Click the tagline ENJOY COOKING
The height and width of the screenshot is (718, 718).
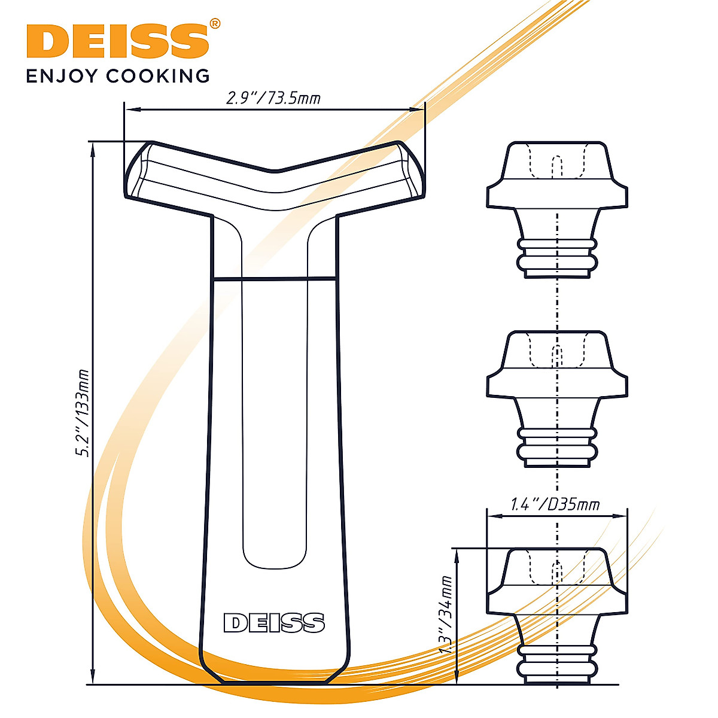[x=118, y=76]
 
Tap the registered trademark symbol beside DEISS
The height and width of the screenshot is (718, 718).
[x=215, y=24]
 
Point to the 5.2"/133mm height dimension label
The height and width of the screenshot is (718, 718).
[x=82, y=413]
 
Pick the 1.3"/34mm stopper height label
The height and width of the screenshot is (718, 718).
[x=444, y=616]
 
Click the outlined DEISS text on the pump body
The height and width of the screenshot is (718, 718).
[x=274, y=623]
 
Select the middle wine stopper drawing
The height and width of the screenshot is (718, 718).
[x=557, y=398]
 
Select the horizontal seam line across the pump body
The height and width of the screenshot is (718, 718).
[x=274, y=278]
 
